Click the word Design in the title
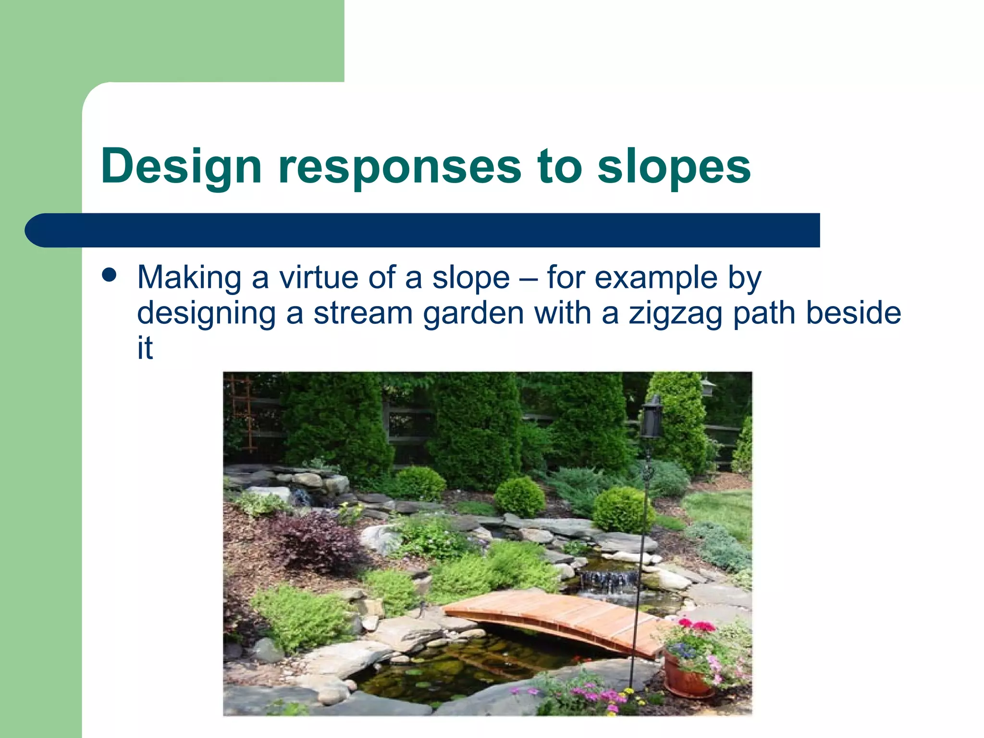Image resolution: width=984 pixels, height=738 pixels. coord(181,166)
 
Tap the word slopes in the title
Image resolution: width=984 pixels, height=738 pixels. coord(674,166)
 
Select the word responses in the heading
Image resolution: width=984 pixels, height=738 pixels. coord(400,166)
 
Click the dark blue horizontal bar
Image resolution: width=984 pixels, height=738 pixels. coord(423,230)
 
